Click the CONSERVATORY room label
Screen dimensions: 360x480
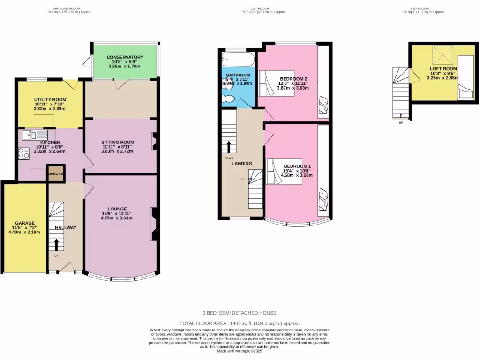(125, 57)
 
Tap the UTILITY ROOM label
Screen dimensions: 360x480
(50, 99)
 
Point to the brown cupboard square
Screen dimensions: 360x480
(55, 173)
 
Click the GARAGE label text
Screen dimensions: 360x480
(25, 223)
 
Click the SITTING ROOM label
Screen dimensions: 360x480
(118, 142)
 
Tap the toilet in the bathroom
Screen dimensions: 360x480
(228, 98)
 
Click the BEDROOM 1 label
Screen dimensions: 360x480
(297, 166)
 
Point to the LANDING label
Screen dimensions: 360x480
(242, 163)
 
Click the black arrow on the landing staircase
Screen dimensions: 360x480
(229, 147)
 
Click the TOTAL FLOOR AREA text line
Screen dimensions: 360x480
(240, 323)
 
